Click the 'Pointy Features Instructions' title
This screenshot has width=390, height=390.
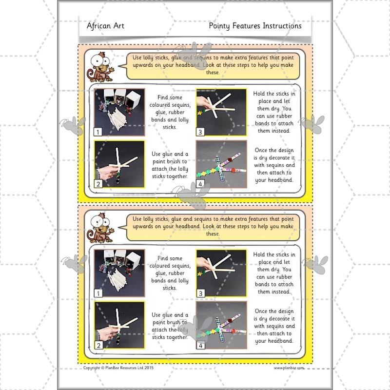255,26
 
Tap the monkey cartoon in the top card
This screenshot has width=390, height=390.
99,66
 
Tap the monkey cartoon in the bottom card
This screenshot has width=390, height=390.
99,227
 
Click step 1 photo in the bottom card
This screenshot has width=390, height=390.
119,273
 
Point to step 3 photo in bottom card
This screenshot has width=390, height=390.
221,273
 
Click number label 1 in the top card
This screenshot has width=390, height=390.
98,132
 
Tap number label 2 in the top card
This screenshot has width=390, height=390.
98,184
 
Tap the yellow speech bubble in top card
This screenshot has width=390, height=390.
213,64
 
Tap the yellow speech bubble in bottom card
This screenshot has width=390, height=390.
213,226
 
